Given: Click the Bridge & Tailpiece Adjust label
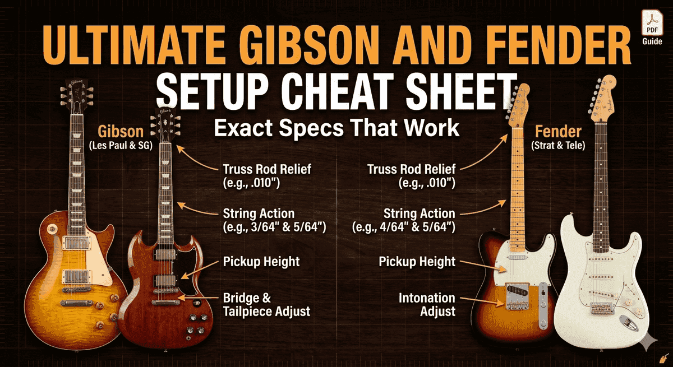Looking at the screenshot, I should click(x=266, y=304).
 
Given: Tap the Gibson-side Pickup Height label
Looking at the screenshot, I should click(x=261, y=262).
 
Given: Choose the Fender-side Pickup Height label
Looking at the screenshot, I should click(x=417, y=262).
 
